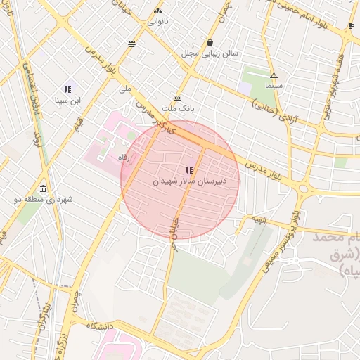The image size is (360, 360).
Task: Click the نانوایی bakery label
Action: pyautogui.click(x=157, y=22)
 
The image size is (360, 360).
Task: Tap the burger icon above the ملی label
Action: pyautogui.click(x=131, y=44)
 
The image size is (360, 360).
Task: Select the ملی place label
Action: pyautogui.click(x=125, y=89)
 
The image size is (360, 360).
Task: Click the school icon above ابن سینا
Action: pyautogui.click(x=67, y=89)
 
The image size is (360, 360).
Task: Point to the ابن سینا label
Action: pyautogui.click(x=67, y=101)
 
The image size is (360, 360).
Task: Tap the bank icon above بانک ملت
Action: pyautogui.click(x=177, y=98)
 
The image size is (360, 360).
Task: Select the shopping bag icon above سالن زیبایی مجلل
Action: pyautogui.click(x=210, y=42)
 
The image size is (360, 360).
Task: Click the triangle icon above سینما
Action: pyautogui.click(x=274, y=75)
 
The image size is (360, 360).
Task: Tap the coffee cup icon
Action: pyautogui.click(x=351, y=26)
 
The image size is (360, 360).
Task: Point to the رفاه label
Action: pyautogui.click(x=124, y=157)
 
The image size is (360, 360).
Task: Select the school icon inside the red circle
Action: pyautogui.click(x=188, y=170)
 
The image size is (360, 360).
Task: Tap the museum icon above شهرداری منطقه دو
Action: pyautogui.click(x=44, y=188)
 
